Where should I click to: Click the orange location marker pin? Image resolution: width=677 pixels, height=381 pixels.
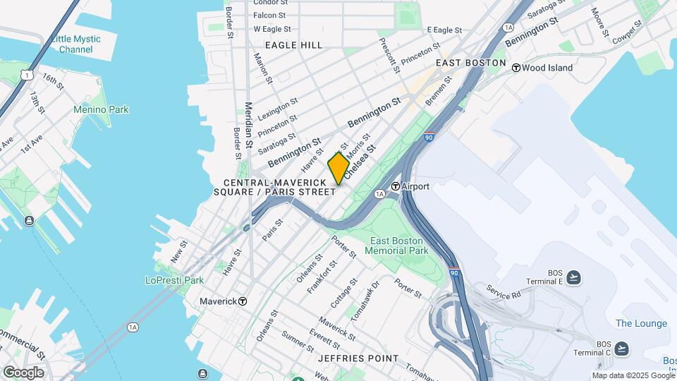tap(339, 169)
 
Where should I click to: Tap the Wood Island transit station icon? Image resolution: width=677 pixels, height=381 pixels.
tap(516, 68)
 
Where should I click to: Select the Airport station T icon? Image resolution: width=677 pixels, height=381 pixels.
tap(396, 186)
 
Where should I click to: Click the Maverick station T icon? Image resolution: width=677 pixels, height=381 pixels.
tap(243, 301)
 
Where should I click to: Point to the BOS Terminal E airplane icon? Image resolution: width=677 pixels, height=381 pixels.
tap(574, 277)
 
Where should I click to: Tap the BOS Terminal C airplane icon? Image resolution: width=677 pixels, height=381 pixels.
tap(621, 349)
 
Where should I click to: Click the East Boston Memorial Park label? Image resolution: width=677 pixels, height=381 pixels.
tap(399, 246)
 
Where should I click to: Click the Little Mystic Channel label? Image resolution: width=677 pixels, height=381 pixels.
tap(76, 44)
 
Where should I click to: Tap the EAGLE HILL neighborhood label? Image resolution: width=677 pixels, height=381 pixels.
tap(293, 45)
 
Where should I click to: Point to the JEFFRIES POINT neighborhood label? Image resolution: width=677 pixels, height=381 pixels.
tap(358, 358)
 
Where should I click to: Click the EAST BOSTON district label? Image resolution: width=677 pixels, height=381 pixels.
tap(470, 63)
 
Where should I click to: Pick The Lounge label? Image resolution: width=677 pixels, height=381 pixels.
tap(641, 323)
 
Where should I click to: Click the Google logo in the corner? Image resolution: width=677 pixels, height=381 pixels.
tap(23, 372)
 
